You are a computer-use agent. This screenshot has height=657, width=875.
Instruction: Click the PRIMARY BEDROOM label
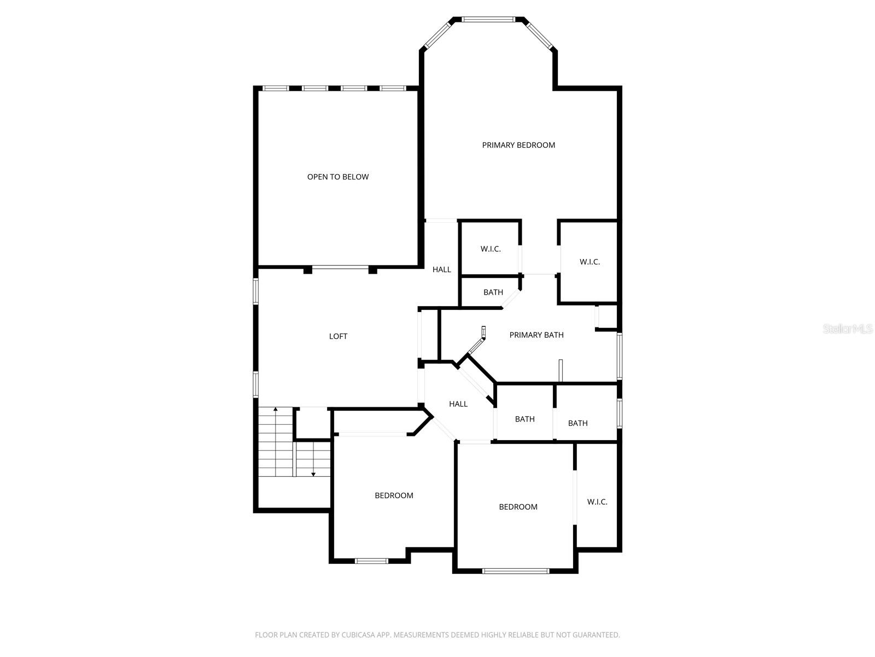518,145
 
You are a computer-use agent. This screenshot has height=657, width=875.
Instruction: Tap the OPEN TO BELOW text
337,177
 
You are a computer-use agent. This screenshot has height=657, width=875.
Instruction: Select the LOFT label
338,336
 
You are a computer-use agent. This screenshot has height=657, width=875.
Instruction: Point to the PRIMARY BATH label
536,335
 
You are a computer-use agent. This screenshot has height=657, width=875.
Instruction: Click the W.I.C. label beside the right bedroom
597,502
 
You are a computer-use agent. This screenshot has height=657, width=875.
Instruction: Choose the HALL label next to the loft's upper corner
442,270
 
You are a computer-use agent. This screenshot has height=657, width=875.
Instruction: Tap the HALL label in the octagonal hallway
458,404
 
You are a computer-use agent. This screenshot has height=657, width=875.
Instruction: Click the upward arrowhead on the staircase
275,409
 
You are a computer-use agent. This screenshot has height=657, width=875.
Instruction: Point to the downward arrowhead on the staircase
313,474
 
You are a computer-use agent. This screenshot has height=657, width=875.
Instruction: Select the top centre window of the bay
488,19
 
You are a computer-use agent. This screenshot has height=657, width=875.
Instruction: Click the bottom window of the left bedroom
371,561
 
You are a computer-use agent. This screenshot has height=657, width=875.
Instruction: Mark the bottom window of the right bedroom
516,571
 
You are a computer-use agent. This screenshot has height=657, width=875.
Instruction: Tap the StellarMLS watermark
848,329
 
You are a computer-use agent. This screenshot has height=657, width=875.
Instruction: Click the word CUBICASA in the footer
357,635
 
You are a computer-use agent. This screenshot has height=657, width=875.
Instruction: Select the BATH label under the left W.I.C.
493,292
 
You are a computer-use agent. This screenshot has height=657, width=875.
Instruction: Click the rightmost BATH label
577,423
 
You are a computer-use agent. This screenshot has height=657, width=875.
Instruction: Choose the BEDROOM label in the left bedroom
394,495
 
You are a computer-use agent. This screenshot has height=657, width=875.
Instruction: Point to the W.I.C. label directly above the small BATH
491,249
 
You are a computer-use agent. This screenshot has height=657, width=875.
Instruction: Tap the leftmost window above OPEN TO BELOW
276,88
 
